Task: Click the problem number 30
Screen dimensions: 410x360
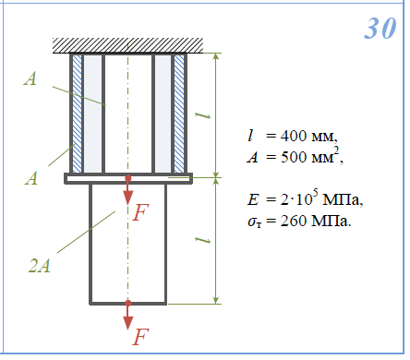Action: pos(380,28)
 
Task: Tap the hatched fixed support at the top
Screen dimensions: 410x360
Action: pos(127,45)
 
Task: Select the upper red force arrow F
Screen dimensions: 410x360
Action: pos(128,190)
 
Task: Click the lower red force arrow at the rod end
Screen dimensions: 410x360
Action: pos(128,316)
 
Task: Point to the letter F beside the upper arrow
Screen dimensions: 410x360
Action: pos(140,212)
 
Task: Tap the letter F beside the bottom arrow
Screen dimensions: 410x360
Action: pos(140,336)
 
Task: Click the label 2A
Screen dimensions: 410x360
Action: pos(39,266)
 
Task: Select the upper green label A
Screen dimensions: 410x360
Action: pos(30,78)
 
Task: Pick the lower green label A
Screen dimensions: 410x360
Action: pos(31,178)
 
